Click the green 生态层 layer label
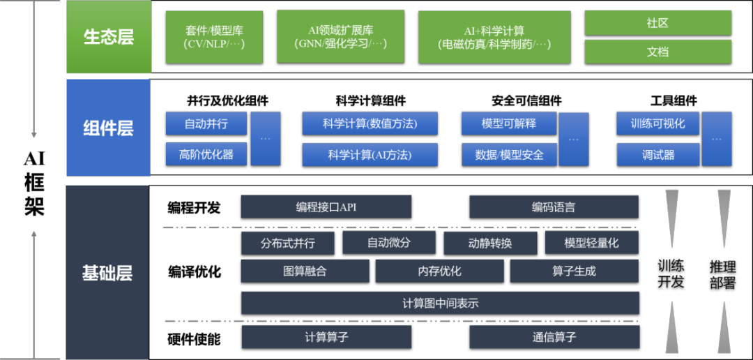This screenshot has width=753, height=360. [109, 37]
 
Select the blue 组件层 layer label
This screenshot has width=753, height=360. [108, 128]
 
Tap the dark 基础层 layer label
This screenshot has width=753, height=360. [107, 273]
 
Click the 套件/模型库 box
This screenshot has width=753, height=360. [214, 37]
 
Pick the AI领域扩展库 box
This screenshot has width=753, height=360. [340, 37]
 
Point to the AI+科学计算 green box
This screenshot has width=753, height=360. [494, 37]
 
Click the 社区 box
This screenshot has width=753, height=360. [657, 23]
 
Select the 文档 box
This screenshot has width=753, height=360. [657, 52]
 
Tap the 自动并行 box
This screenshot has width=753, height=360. [206, 123]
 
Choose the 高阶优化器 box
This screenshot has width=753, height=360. [206, 154]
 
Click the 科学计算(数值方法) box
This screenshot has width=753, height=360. [370, 123]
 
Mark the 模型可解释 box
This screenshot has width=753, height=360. [509, 123]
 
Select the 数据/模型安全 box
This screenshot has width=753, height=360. [509, 154]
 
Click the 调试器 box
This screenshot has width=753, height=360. [658, 154]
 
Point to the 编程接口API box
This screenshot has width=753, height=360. [326, 207]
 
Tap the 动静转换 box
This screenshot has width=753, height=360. [490, 243]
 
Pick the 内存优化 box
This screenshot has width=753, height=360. [439, 271]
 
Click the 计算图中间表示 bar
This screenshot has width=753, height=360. [440, 303]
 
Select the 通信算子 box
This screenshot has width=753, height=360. [554, 337]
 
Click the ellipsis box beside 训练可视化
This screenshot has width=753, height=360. [717, 138]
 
